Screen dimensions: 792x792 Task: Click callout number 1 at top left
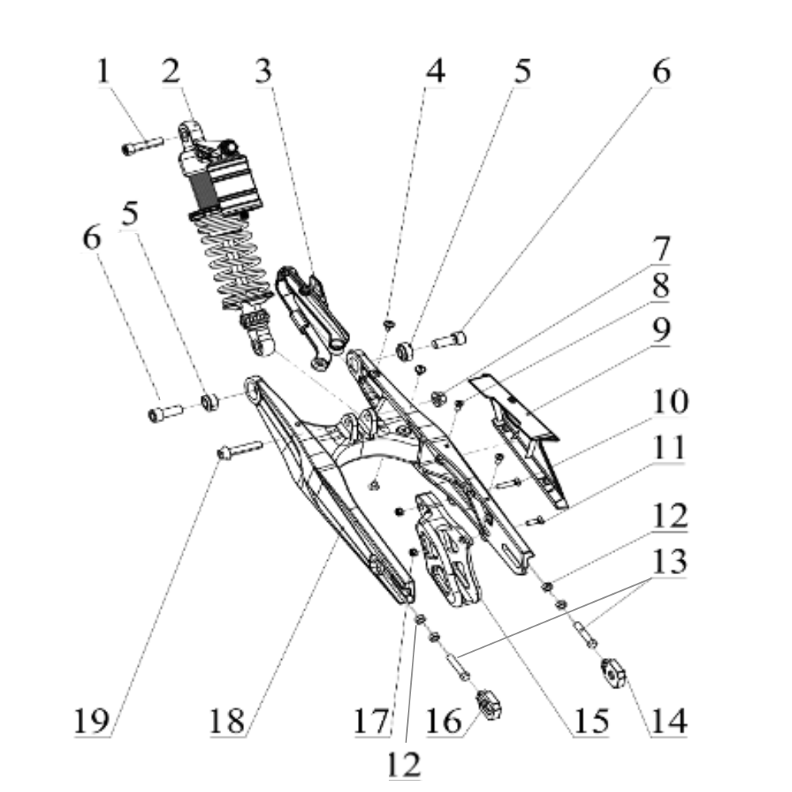click(103, 72)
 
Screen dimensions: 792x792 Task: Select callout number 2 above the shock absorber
click(170, 72)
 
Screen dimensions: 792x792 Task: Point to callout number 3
click(263, 72)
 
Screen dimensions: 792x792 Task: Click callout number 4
click(435, 72)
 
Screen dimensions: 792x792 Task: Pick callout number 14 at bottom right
click(669, 722)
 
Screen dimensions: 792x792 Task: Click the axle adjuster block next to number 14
click(614, 672)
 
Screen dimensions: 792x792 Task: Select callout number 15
click(591, 722)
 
